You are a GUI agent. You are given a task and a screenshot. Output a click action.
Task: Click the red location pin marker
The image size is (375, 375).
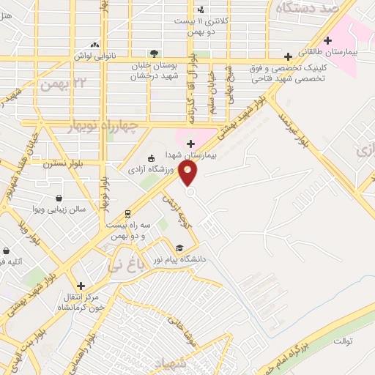pyautogui.click(x=189, y=173)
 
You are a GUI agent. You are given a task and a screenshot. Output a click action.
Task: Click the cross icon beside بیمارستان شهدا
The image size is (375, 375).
pyautogui.click(x=190, y=144)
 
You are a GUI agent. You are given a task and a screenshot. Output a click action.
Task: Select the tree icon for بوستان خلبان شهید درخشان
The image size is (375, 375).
pyautogui.click(x=154, y=53)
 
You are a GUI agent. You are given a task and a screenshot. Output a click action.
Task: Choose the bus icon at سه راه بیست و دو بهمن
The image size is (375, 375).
pyautogui.click(x=128, y=214)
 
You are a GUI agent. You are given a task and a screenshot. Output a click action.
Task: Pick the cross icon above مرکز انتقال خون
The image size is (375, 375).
pyautogui.click(x=81, y=285)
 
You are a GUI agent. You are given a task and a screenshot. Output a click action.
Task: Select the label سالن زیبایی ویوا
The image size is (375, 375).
pyautogui.click(x=60, y=209)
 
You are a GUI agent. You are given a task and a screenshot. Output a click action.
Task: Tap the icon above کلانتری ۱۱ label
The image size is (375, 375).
pyautogui.click(x=201, y=10)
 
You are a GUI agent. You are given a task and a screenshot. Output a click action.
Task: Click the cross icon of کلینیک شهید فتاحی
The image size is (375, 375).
pyautogui.click(x=289, y=55)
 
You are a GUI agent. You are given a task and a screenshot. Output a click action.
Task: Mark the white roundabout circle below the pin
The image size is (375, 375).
pyautogui.click(x=190, y=192)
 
